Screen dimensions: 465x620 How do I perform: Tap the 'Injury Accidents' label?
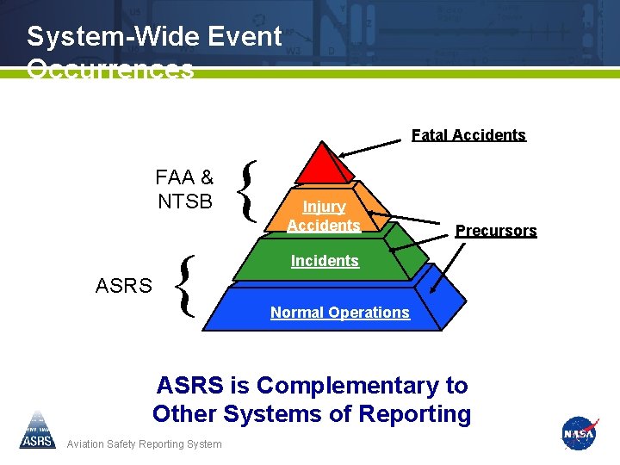pos(324,216)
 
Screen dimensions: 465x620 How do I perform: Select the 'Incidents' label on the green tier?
pos(325,261)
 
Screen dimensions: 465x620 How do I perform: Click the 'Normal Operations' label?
pos(340,313)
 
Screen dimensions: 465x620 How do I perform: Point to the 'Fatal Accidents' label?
pos(468,135)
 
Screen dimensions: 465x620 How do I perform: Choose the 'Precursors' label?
pos(496,231)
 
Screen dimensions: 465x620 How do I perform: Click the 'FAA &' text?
pos(184,178)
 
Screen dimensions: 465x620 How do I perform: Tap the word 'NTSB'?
pos(184,202)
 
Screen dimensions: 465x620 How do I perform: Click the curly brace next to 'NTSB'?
pos(248,190)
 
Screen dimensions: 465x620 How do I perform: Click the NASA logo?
pos(579,433)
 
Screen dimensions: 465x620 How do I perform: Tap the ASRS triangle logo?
pos(37,431)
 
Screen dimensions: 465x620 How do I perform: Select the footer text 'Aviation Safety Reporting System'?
pos(144,444)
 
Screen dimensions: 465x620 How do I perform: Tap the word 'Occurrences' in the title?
pos(110,69)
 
